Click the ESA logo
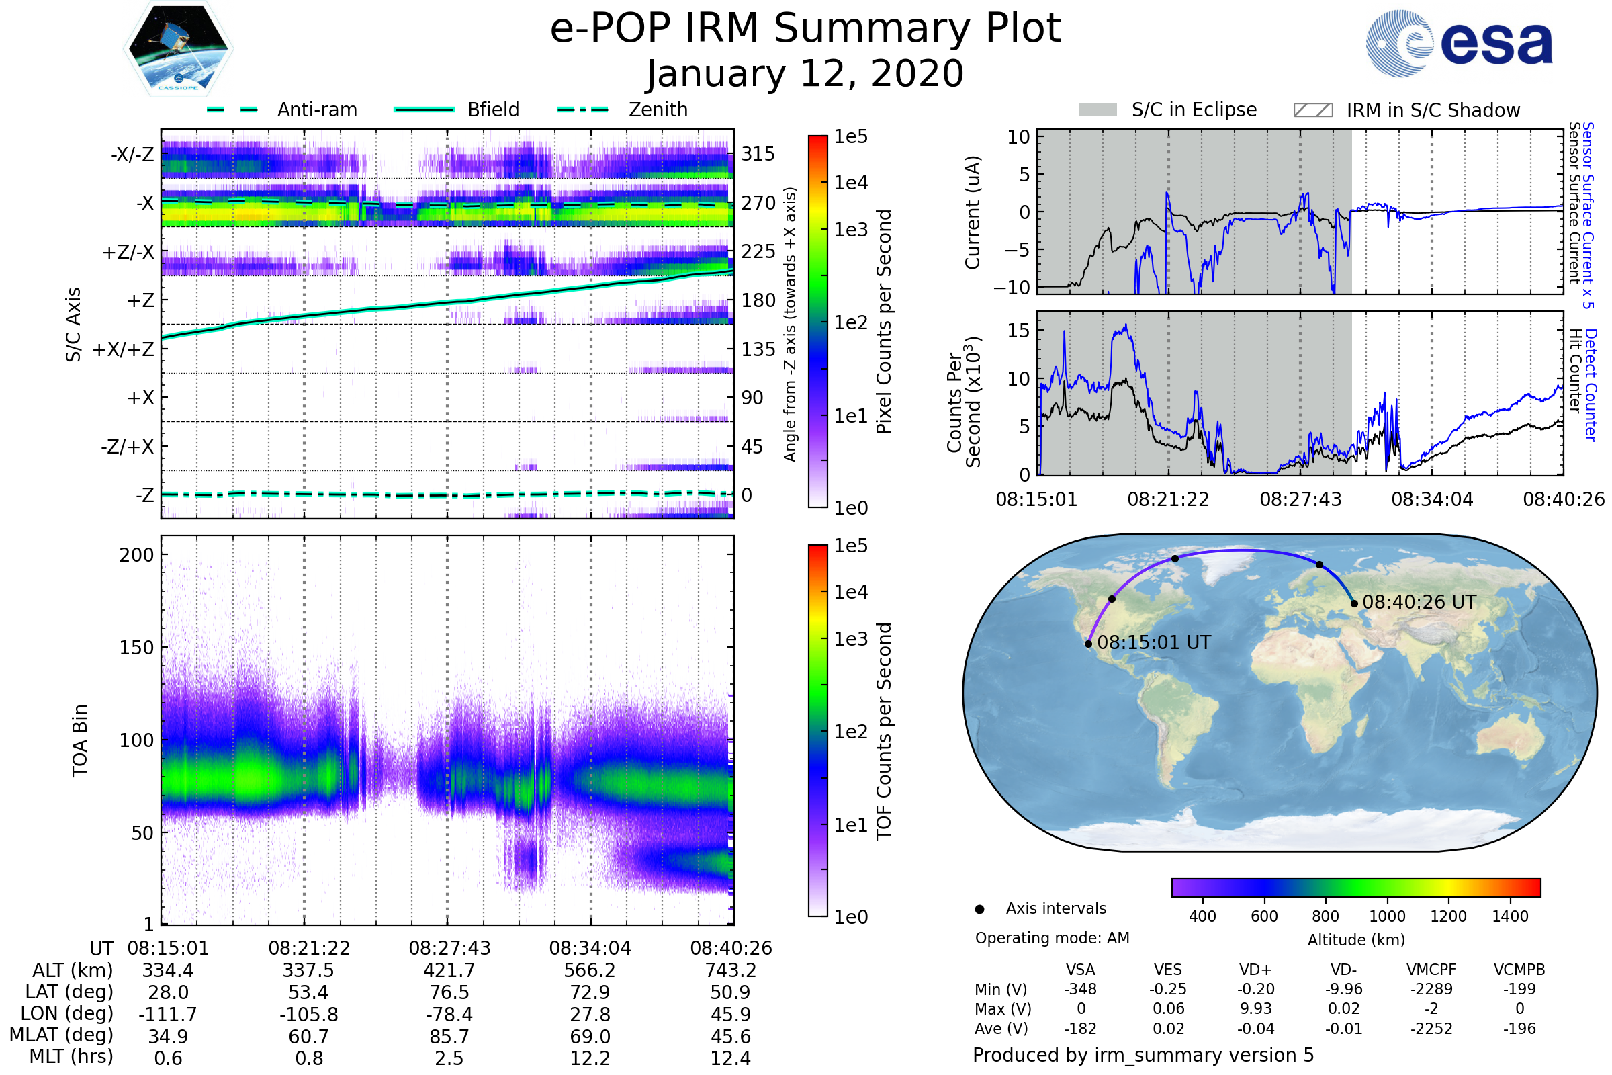1460,42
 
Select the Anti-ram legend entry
316,110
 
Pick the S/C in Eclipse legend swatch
1098,110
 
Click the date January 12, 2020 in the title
805,74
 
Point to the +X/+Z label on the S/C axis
124,349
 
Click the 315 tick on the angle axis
758,154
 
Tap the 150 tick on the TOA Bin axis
136,648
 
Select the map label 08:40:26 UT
1419,602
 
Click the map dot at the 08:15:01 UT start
1088,644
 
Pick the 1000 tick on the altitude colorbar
1387,916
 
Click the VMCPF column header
1431,970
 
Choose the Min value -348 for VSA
1080,989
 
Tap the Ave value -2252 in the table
1431,1029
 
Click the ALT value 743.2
731,971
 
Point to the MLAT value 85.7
449,1037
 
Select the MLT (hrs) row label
71,1056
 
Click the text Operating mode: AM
1052,938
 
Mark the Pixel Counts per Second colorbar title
884,321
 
